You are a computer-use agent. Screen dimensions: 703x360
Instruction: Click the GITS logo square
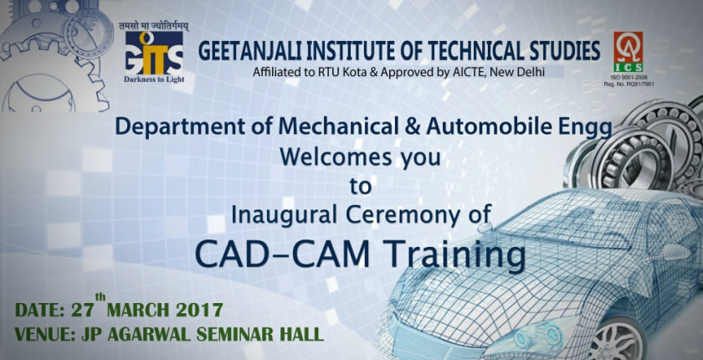point(154,53)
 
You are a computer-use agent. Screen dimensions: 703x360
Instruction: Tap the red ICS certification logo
point(629,51)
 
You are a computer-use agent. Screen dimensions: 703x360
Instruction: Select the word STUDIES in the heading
point(562,50)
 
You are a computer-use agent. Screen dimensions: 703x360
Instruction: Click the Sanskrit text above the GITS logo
point(154,26)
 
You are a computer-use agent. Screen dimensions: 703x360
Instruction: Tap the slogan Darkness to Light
point(154,80)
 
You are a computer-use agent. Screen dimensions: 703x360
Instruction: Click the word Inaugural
point(284,215)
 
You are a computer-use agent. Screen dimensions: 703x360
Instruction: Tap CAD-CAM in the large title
point(283,255)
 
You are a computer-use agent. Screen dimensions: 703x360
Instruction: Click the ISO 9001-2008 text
point(629,78)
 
